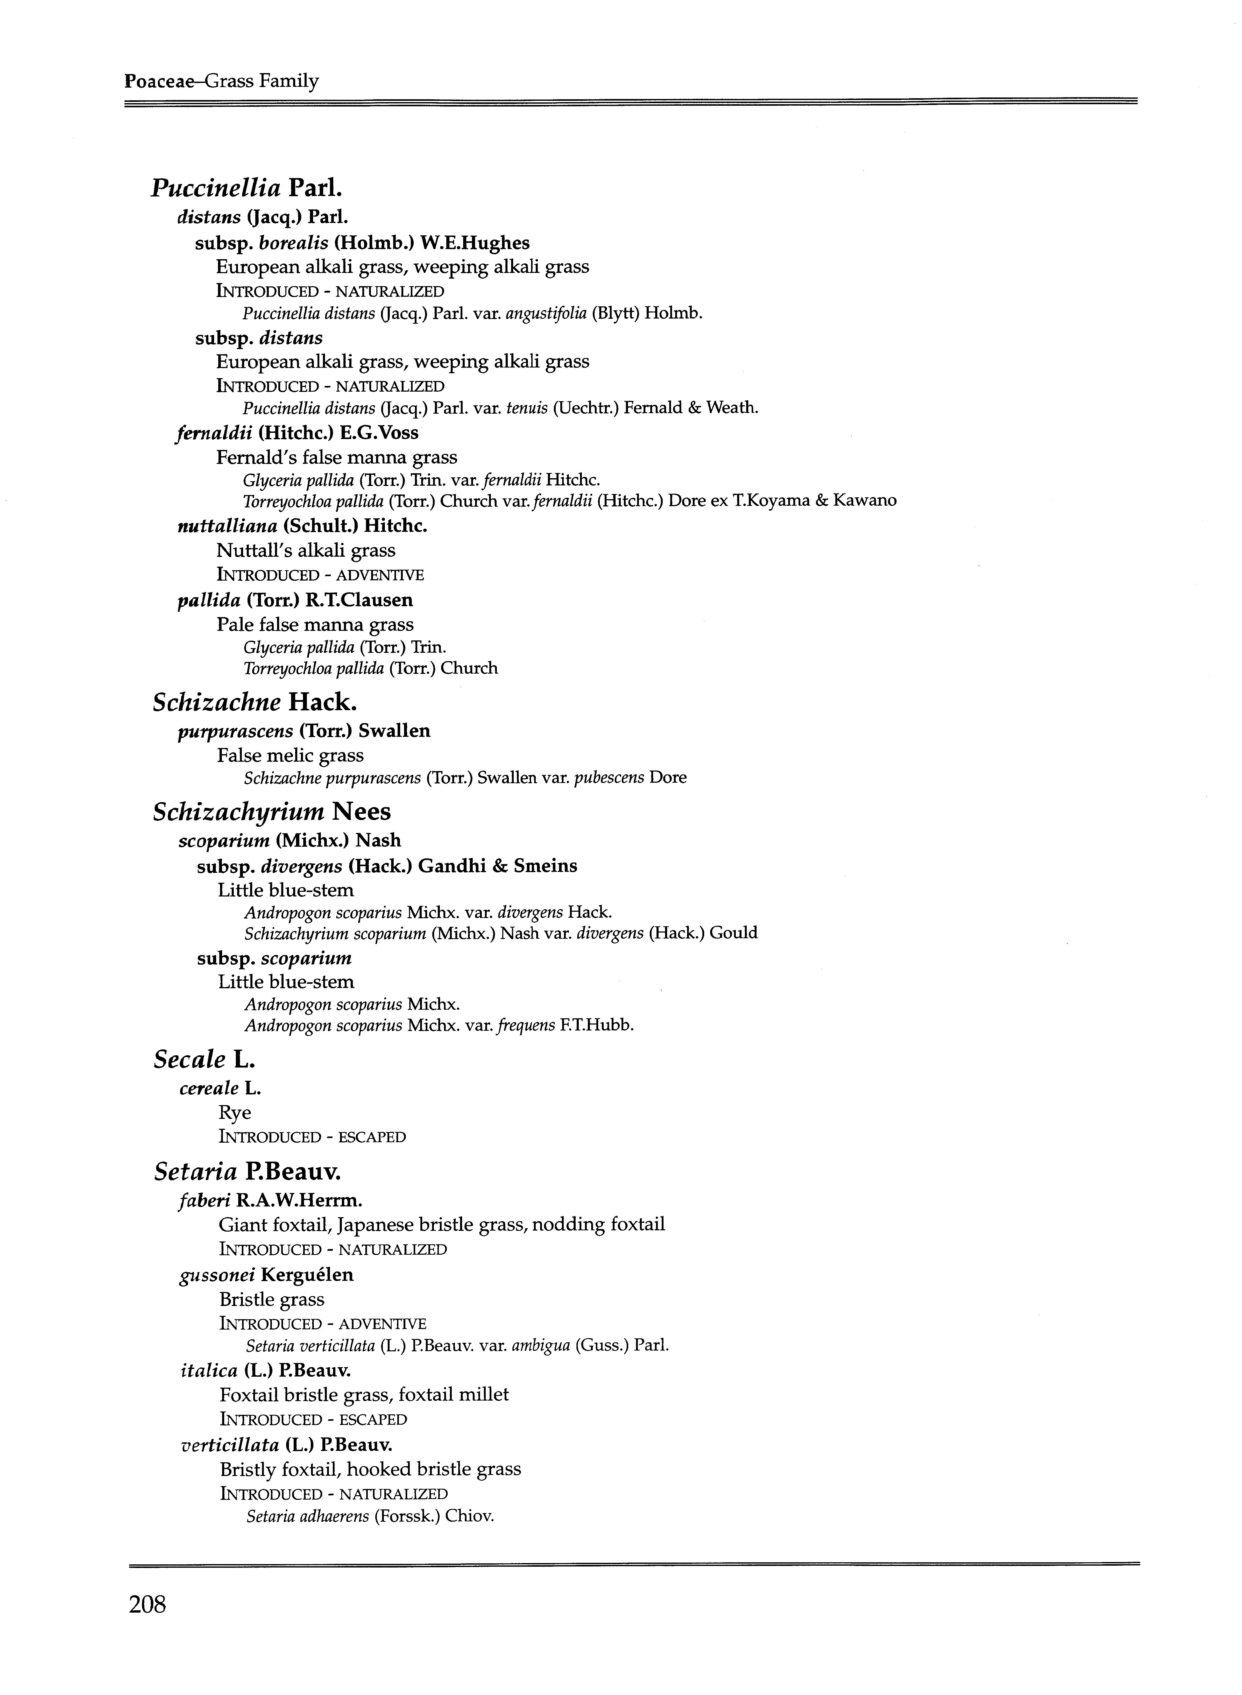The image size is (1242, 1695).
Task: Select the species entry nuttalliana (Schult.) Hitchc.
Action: [302, 526]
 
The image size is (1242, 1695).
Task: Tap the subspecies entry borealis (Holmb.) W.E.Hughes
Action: [362, 243]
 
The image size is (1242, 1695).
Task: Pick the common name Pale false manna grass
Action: [315, 625]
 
